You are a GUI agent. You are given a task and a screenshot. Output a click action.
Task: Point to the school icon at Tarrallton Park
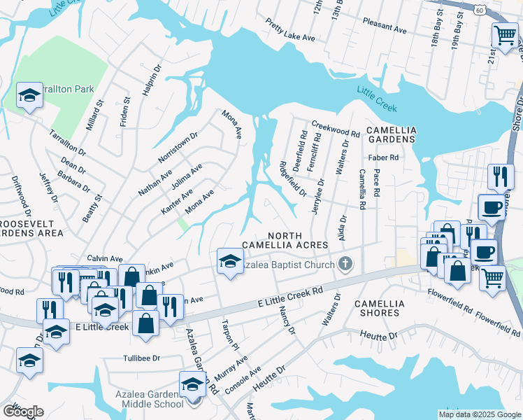(30, 96)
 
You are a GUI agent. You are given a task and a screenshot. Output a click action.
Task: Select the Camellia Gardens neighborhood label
(392, 134)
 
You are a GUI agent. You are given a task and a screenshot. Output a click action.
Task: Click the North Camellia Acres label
(285, 239)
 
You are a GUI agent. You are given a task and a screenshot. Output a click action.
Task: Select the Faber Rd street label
(384, 158)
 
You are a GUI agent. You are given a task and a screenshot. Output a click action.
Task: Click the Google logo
(23, 412)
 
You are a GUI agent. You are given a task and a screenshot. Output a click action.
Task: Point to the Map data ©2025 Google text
(480, 414)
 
